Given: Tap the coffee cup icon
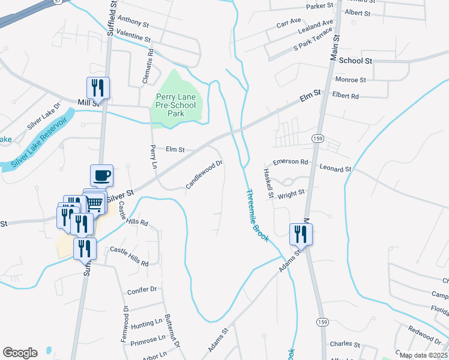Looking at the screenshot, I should pos(101,175).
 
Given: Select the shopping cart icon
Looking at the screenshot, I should pos(94,202).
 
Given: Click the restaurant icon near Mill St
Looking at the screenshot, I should pos(97,88).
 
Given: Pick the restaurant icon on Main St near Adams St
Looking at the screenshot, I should pos(300,233).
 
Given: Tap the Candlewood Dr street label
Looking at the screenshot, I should pos(204,174).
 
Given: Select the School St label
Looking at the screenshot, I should pos(355,61).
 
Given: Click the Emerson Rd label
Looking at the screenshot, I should pos(290,162).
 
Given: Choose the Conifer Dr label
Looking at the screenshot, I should pos(142,290).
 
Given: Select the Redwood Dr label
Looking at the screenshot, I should pos(424,331).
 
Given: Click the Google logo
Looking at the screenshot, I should pos(20,352).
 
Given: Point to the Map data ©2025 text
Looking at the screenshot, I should pos(423,355).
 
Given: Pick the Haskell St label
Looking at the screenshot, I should pos(269,183).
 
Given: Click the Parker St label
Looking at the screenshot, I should pos(319,6).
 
